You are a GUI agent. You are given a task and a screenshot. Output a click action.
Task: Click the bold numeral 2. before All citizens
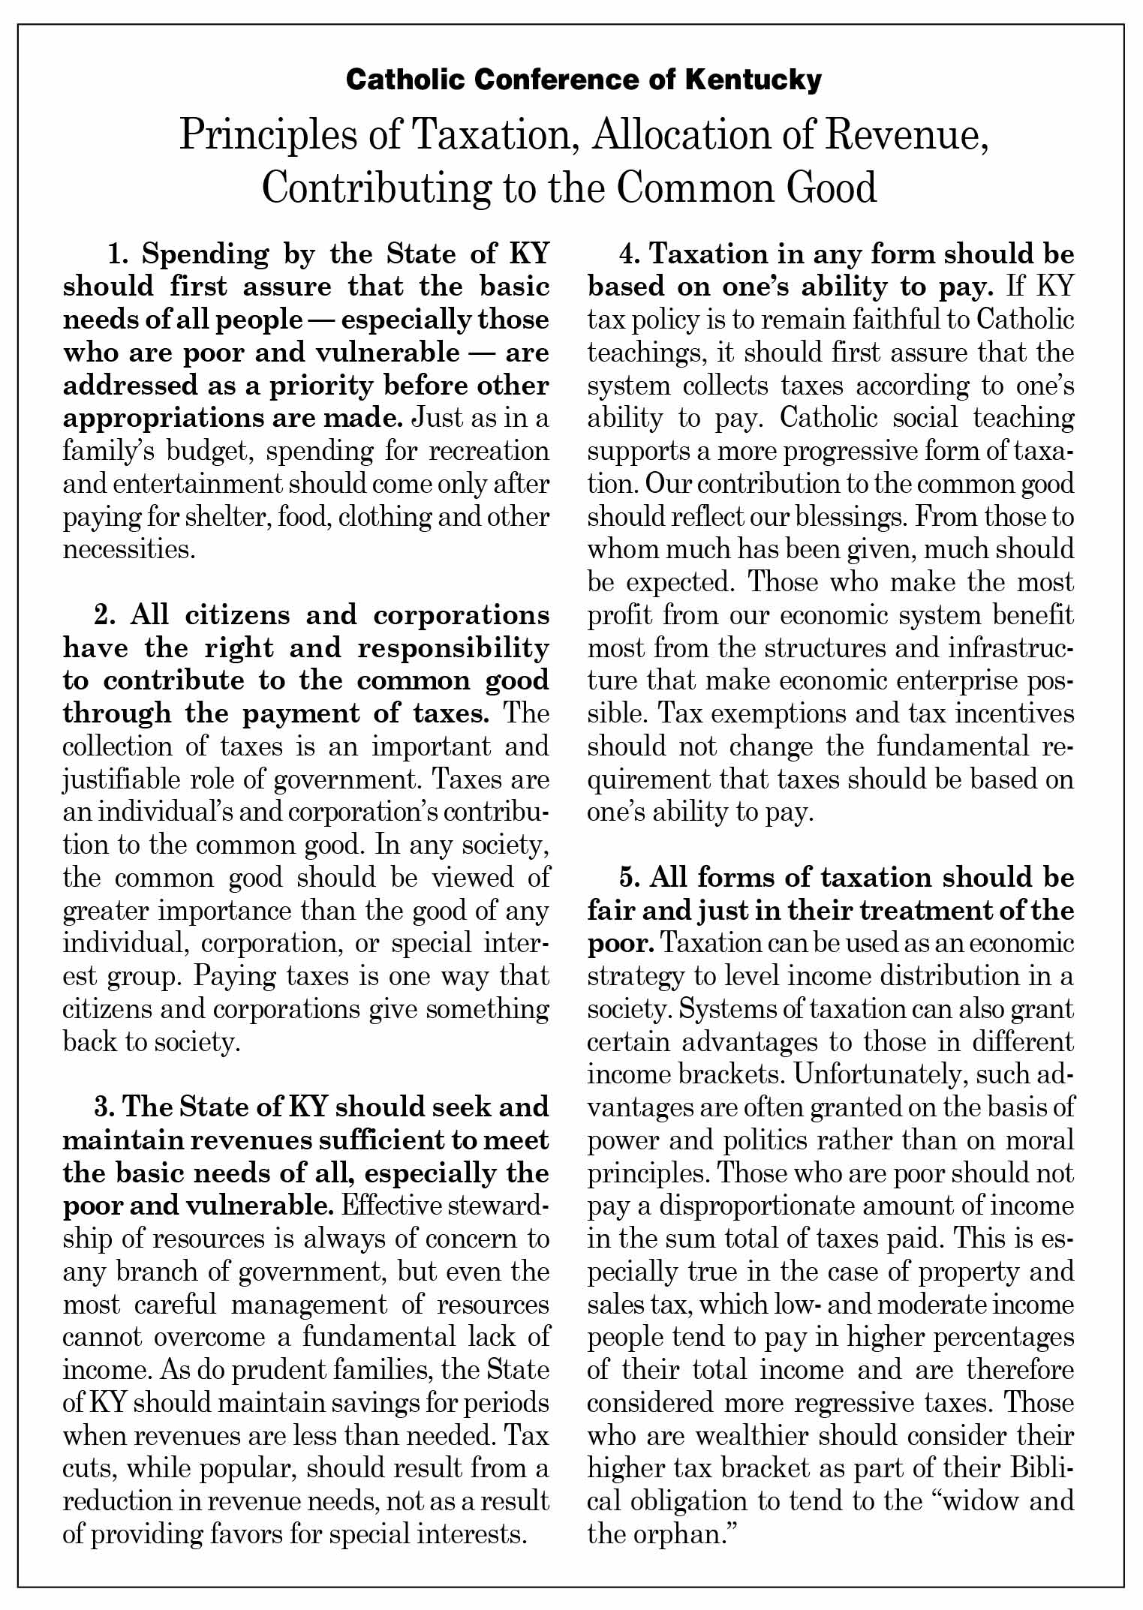point(105,615)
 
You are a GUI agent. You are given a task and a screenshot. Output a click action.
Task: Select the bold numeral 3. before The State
point(105,1107)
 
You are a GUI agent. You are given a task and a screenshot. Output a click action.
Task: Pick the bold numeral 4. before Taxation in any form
point(630,254)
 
